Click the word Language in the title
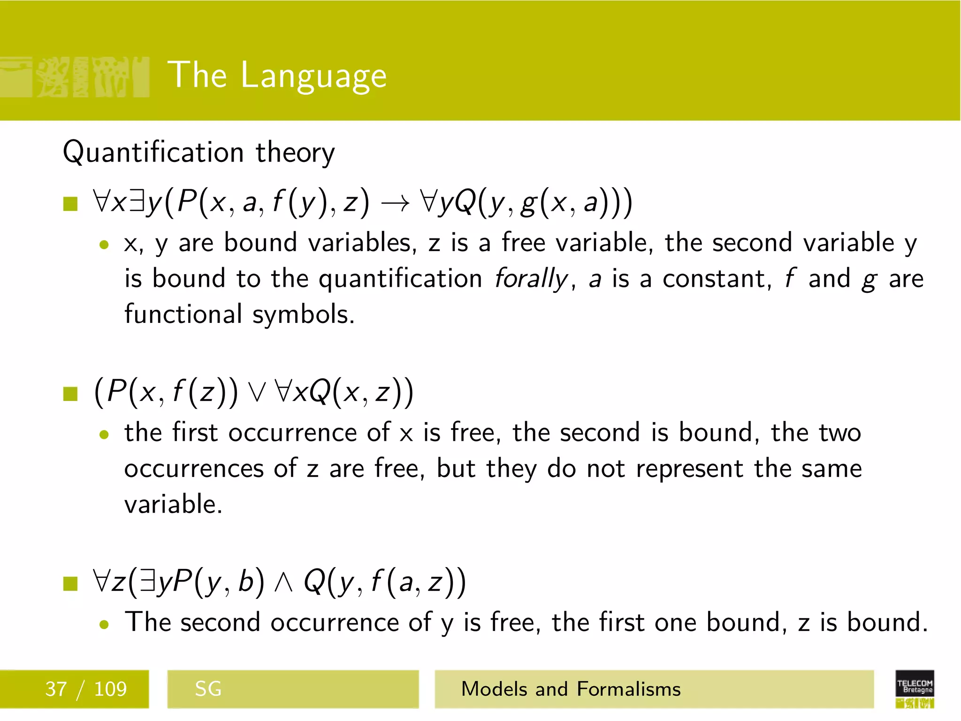[x=313, y=76]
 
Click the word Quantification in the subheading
[x=153, y=153]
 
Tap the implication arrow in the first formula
[x=395, y=204]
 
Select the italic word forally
[x=531, y=279]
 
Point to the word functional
[x=183, y=314]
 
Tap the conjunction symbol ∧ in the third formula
[x=284, y=582]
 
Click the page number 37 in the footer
[x=56, y=689]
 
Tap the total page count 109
[x=110, y=689]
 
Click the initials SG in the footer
[x=208, y=689]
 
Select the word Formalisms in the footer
[x=628, y=689]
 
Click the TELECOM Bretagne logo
[x=915, y=688]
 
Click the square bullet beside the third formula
[x=70, y=583]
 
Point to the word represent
[x=689, y=469]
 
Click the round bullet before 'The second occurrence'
[x=104, y=624]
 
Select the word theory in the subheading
[x=295, y=153]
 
